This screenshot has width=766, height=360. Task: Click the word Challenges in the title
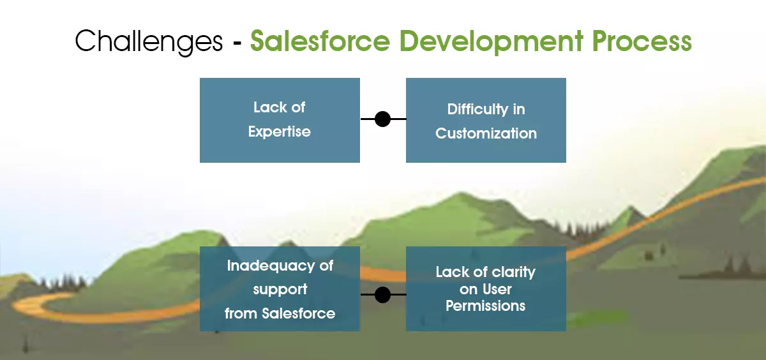(x=149, y=42)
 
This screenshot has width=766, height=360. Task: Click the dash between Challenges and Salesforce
(x=237, y=43)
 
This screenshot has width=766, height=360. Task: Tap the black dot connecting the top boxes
(x=382, y=119)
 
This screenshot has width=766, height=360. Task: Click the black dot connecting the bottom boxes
(x=382, y=294)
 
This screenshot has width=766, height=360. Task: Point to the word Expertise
(x=280, y=131)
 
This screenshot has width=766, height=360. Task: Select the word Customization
(x=486, y=133)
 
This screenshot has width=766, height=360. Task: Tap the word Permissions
(x=485, y=306)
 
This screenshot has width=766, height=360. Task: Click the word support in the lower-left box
(x=280, y=290)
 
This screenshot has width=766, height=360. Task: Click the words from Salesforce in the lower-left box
(x=280, y=313)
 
